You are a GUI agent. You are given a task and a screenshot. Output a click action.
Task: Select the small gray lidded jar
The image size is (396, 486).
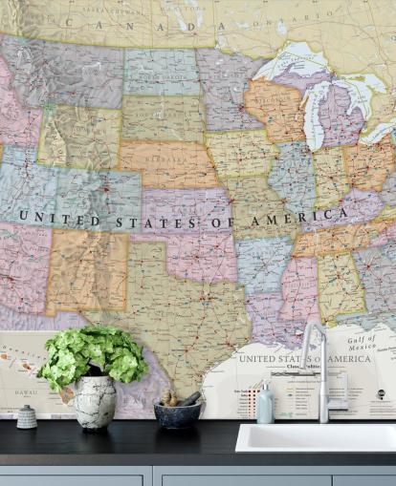27,416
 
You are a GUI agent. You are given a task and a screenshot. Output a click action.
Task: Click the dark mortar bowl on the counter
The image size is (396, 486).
177,412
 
